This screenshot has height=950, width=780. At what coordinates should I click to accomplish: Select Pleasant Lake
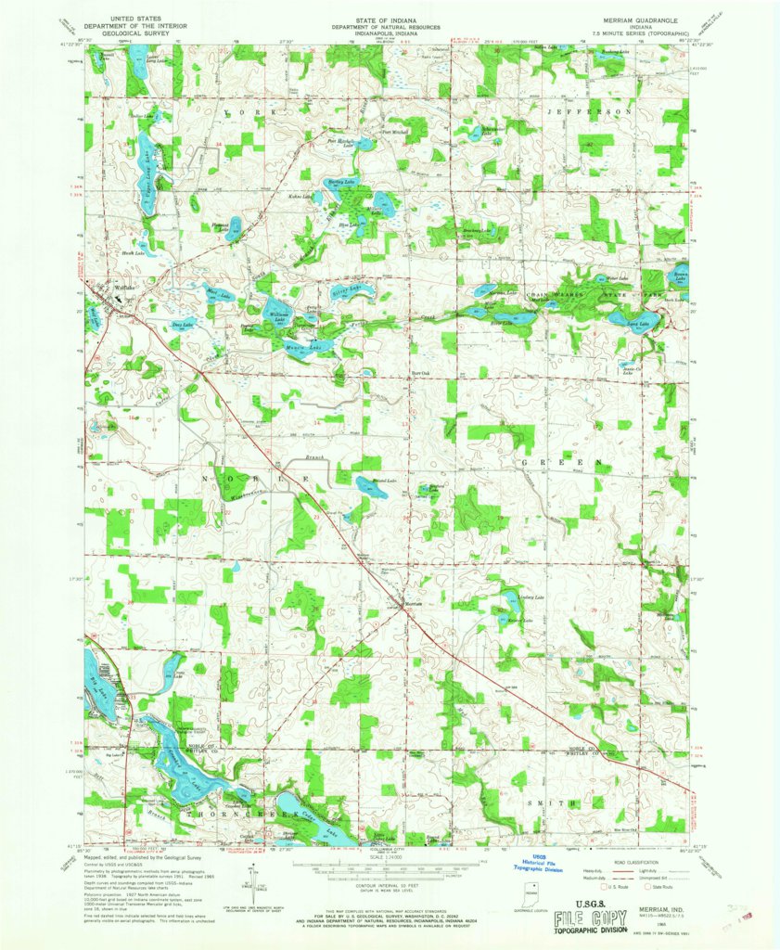click(233, 226)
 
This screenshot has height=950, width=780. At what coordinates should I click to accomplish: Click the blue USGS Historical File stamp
click(541, 866)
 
